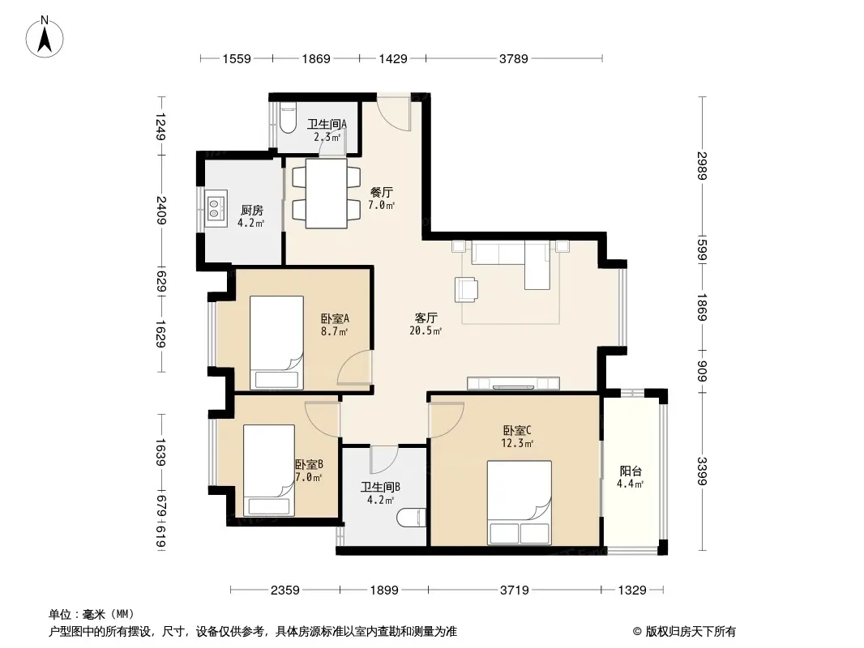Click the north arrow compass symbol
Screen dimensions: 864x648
[45, 37]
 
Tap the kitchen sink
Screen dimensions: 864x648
[216, 209]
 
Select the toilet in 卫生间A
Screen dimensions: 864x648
[288, 119]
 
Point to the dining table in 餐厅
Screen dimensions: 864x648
[326, 194]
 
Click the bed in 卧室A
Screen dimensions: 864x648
[276, 343]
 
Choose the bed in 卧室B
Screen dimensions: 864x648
[269, 470]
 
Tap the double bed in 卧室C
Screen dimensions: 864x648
[519, 502]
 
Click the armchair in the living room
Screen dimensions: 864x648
[466, 290]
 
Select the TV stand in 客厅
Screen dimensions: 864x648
[513, 383]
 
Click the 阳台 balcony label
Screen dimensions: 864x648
[631, 471]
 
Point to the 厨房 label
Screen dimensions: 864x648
[252, 210]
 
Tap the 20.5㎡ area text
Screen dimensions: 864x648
[426, 330]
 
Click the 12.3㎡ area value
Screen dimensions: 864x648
[517, 442]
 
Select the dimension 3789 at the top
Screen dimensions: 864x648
[514, 58]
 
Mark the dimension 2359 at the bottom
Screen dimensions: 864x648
[284, 590]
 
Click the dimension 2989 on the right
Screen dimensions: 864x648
[701, 165]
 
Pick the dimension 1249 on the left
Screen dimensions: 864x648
[160, 126]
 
